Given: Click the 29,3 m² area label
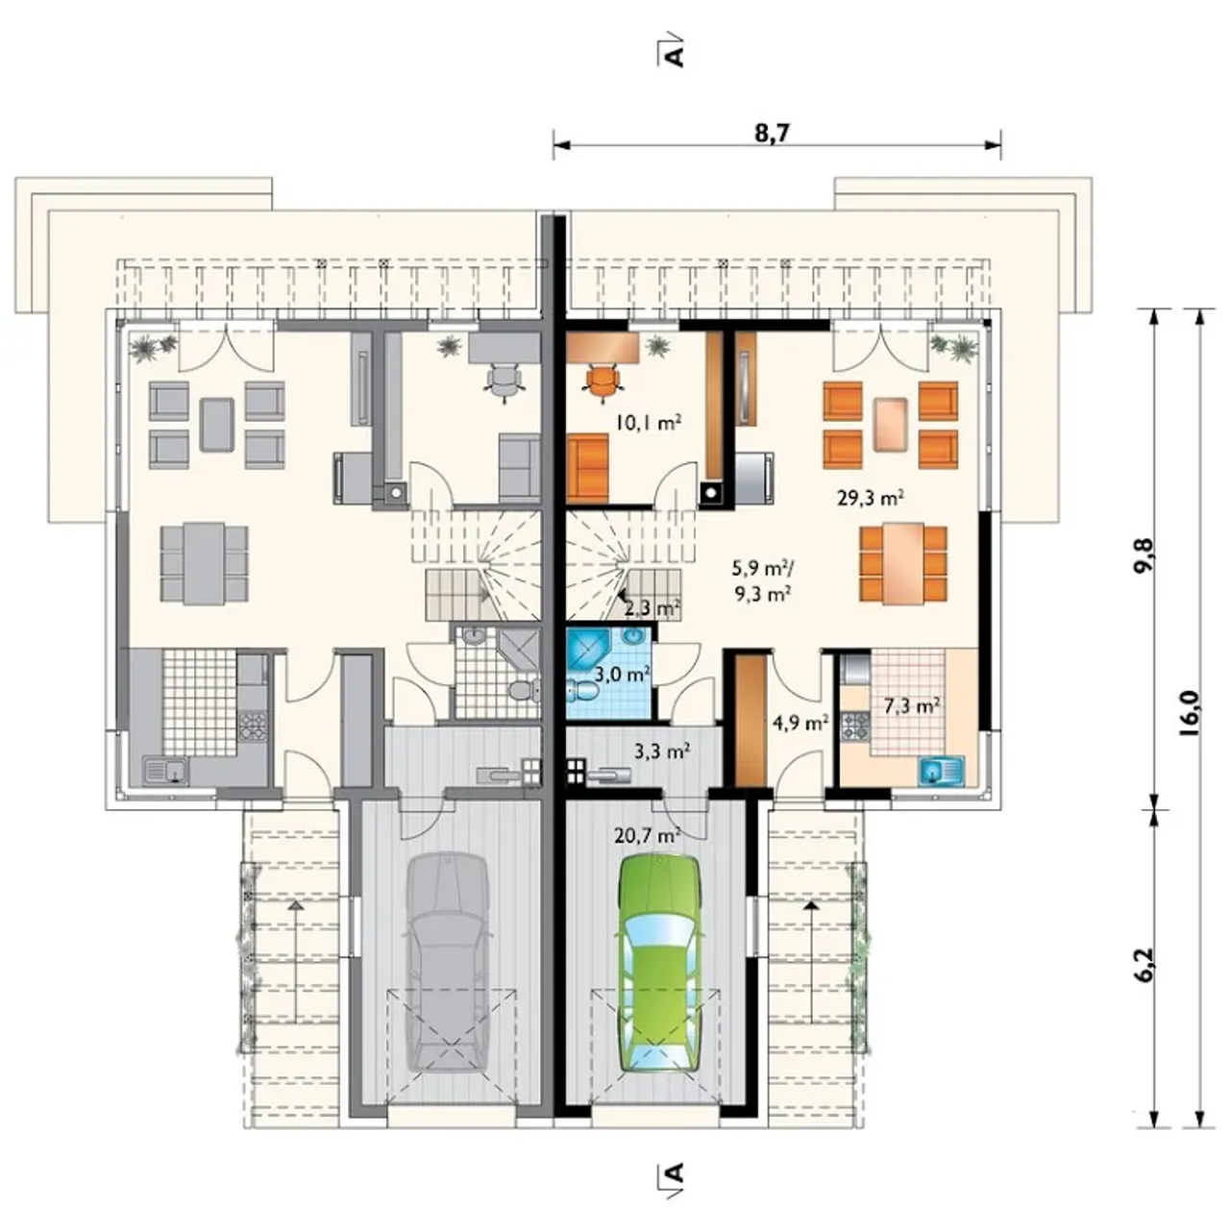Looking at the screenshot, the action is [x=871, y=497].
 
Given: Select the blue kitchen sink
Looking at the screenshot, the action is [x=942, y=771].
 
